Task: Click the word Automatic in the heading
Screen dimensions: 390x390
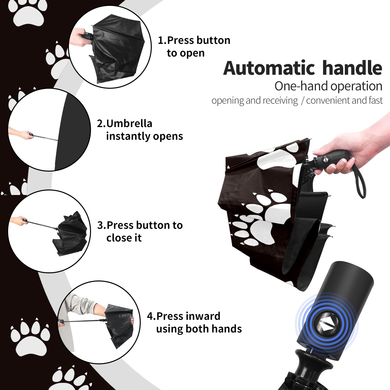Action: [269, 68]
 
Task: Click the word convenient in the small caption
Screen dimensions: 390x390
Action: [328, 100]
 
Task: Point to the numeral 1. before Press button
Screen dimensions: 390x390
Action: [162, 40]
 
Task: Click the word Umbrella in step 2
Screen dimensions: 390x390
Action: [129, 123]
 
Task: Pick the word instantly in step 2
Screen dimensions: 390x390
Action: [128, 136]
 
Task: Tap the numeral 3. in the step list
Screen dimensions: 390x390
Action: [102, 225]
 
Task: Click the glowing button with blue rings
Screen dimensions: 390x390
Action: [326, 326]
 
